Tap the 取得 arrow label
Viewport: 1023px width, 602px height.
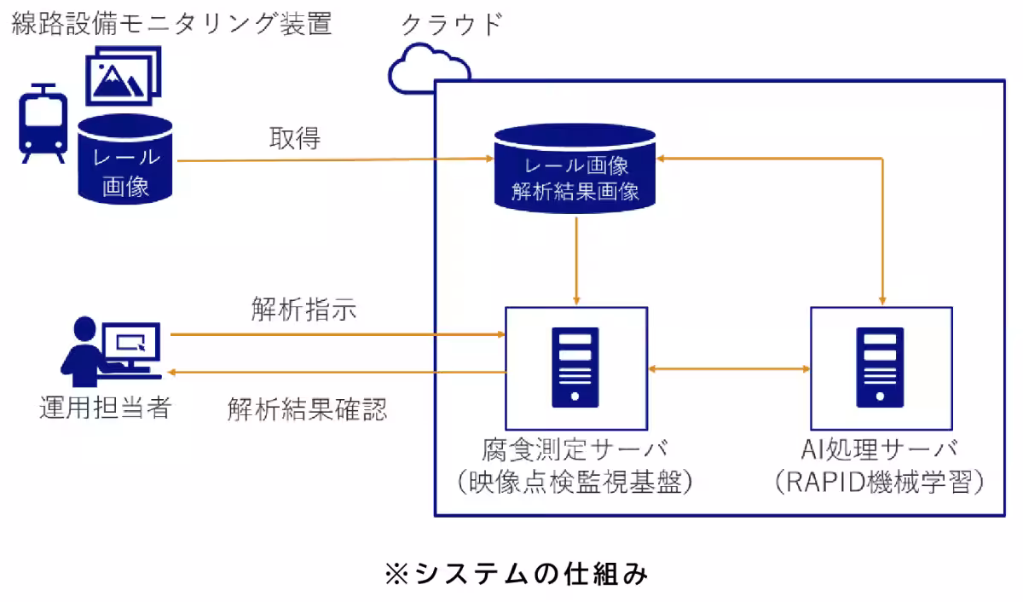[295, 139]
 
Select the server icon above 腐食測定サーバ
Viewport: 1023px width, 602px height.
[575, 368]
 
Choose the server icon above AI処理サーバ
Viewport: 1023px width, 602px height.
[880, 368]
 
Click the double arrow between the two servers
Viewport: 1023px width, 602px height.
[728, 368]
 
